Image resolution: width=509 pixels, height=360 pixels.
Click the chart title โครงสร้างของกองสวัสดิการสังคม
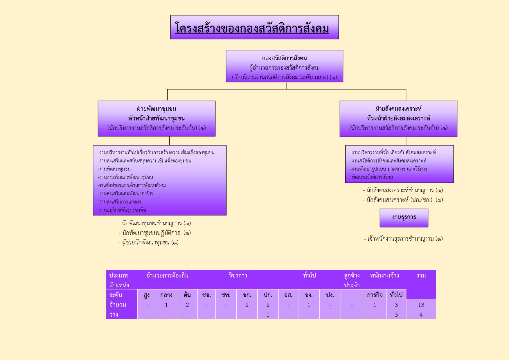pyautogui.click(x=252, y=28)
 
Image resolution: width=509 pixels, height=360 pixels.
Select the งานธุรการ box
pyautogui.click(x=404, y=218)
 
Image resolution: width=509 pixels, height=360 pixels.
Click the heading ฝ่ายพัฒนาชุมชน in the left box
pyautogui.click(x=157, y=109)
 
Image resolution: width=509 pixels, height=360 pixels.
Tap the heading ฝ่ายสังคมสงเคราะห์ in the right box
pyautogui.click(x=398, y=109)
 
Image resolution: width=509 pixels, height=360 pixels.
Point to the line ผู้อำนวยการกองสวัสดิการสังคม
pyautogui.click(x=285, y=68)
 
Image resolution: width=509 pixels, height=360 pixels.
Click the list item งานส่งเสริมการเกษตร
pyautogui.click(x=119, y=201)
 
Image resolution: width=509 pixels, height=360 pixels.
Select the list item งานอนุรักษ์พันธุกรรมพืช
pyautogui.click(x=122, y=210)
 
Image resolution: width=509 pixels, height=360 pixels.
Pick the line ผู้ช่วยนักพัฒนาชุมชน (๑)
pyautogui.click(x=148, y=242)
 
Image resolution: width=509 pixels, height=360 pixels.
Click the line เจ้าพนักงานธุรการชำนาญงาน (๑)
pyautogui.click(x=403, y=239)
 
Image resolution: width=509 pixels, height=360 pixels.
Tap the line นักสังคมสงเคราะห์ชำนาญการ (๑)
pyautogui.click(x=403, y=190)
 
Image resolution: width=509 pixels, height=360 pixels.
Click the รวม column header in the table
pyautogui.click(x=421, y=275)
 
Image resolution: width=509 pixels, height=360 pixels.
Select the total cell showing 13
pyautogui.click(x=421, y=305)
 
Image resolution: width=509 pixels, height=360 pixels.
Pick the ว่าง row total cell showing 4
pyautogui.click(x=421, y=314)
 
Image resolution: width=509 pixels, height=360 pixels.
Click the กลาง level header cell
pyautogui.click(x=166, y=295)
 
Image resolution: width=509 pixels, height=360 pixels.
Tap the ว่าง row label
pyautogui.click(x=114, y=314)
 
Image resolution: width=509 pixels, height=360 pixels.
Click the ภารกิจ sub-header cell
pyautogui.click(x=375, y=295)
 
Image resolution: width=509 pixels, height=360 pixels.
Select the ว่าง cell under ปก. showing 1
pyautogui.click(x=268, y=314)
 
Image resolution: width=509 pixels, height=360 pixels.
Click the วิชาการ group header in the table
pyautogui.click(x=238, y=275)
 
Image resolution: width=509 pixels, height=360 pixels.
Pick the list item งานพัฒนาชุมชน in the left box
pyautogui.click(x=114, y=169)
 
